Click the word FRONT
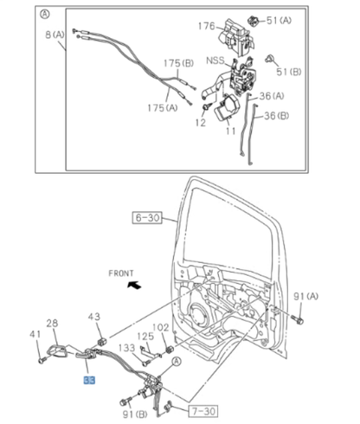(121, 273)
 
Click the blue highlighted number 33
(90, 380)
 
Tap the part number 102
(160, 327)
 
